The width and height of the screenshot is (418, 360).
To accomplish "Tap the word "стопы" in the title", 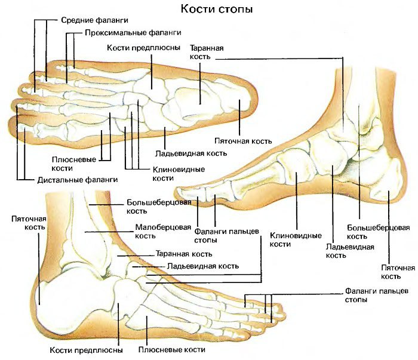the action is point(236,10).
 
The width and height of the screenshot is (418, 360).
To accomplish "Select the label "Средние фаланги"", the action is point(94,20).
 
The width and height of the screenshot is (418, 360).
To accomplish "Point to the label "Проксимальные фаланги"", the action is point(133,33).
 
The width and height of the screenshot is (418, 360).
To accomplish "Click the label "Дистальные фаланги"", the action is point(77,180).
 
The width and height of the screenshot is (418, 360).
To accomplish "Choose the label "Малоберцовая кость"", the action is point(163,231).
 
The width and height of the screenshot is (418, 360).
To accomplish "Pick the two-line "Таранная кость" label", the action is point(207,53).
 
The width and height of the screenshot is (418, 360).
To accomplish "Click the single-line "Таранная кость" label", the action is point(184,254).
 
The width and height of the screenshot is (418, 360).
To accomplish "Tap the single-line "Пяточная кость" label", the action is point(243,141).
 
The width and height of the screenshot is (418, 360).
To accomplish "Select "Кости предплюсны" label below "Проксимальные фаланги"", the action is point(143,48).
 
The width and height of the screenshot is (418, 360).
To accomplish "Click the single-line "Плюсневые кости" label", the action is point(172,350).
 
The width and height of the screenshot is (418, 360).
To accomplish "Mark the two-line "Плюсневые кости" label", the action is point(73,164).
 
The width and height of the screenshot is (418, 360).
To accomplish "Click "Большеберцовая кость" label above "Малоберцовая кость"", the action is point(159,207).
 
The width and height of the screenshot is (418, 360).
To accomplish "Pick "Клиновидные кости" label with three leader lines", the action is point(179,174).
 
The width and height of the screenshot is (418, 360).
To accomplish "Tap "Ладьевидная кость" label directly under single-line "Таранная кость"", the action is point(203,266).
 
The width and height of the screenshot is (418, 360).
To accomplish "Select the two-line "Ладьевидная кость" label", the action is point(350,251).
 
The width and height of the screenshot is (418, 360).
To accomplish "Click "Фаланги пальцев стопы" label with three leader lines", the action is point(377,296).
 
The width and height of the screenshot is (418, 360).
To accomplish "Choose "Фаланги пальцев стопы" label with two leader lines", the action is point(226,236).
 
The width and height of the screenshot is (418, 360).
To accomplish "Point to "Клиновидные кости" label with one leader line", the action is point(296,240).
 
